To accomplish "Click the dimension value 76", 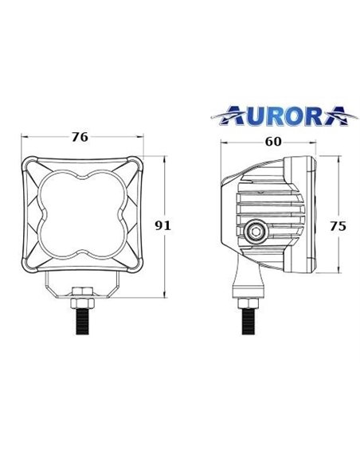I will point(80,136).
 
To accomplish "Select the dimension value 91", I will point(163,225).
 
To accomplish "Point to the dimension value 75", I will point(338,225).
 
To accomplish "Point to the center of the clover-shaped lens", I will point(80,214).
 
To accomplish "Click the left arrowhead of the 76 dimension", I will point(22,145).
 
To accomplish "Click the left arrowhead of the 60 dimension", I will point(224,145).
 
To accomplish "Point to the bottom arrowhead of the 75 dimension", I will point(339,272).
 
